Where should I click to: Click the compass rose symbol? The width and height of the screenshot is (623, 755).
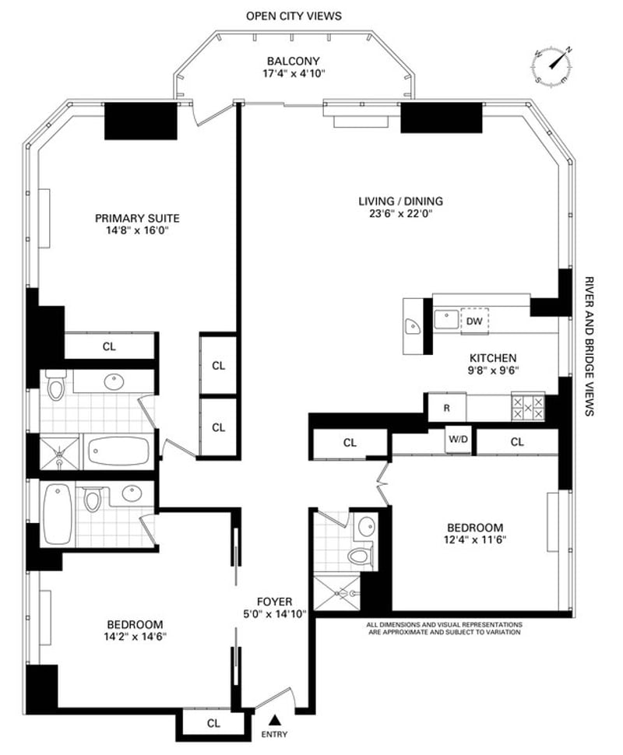[x=553, y=65]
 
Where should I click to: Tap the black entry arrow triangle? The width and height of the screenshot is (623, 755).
[x=275, y=720]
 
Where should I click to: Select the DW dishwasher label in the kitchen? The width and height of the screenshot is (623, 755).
[x=474, y=321]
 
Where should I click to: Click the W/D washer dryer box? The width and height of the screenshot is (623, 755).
[x=457, y=439]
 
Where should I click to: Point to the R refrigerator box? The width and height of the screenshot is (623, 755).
[x=447, y=408]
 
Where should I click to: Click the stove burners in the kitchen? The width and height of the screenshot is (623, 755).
[x=528, y=408]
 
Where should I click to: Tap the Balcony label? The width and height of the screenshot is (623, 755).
[x=294, y=61]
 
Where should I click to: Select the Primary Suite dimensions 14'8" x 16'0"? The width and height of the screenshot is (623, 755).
[x=137, y=230]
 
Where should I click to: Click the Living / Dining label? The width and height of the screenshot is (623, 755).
[x=400, y=202]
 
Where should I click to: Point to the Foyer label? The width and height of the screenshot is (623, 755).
[x=275, y=602]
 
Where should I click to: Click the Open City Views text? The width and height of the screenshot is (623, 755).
[x=294, y=16]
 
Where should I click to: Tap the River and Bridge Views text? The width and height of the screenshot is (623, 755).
[x=588, y=346]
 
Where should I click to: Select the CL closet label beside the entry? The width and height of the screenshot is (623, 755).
[x=213, y=723]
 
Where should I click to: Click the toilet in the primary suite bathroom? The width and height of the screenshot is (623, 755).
[x=56, y=385]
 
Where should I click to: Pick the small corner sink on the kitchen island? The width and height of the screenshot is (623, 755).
[x=413, y=326]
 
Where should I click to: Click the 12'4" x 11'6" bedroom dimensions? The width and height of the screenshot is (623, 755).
[x=475, y=539]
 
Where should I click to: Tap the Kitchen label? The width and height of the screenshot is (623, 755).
[x=493, y=358]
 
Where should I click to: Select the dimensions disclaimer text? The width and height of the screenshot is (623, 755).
[x=444, y=628]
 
